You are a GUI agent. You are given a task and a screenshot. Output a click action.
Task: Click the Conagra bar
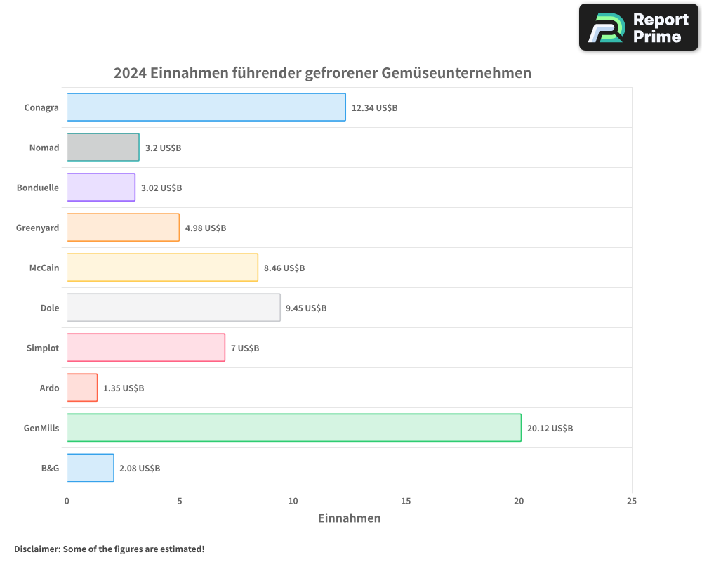click(206, 107)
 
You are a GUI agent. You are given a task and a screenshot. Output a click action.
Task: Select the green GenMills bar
click(293, 428)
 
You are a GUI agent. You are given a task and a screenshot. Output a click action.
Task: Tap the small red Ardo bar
click(82, 388)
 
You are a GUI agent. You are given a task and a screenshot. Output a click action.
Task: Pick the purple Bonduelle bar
click(101, 188)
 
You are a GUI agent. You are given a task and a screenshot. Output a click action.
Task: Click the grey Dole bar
click(173, 308)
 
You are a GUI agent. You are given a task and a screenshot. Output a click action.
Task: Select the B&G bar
click(90, 468)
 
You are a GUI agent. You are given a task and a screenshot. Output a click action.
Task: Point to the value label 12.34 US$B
click(374, 107)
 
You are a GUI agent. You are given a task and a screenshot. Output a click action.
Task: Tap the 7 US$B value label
click(245, 348)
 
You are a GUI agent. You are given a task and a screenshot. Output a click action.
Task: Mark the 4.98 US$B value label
click(206, 228)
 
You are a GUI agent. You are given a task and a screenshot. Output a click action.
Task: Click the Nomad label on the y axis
click(44, 148)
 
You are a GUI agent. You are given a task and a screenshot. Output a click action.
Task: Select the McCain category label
click(44, 268)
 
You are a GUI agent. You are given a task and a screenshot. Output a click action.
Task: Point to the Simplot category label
click(43, 348)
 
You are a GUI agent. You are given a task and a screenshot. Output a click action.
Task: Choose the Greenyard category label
click(38, 228)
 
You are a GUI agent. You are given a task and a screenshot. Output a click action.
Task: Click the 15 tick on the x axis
click(406, 501)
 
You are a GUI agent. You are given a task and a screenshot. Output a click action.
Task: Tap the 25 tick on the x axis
click(632, 501)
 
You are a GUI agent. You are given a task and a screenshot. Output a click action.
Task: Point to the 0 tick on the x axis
click(67, 501)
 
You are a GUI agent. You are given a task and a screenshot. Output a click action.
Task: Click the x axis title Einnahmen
click(350, 518)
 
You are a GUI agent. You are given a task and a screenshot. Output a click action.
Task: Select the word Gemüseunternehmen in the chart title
click(456, 73)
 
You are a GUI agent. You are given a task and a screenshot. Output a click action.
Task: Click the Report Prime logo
click(639, 27)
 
